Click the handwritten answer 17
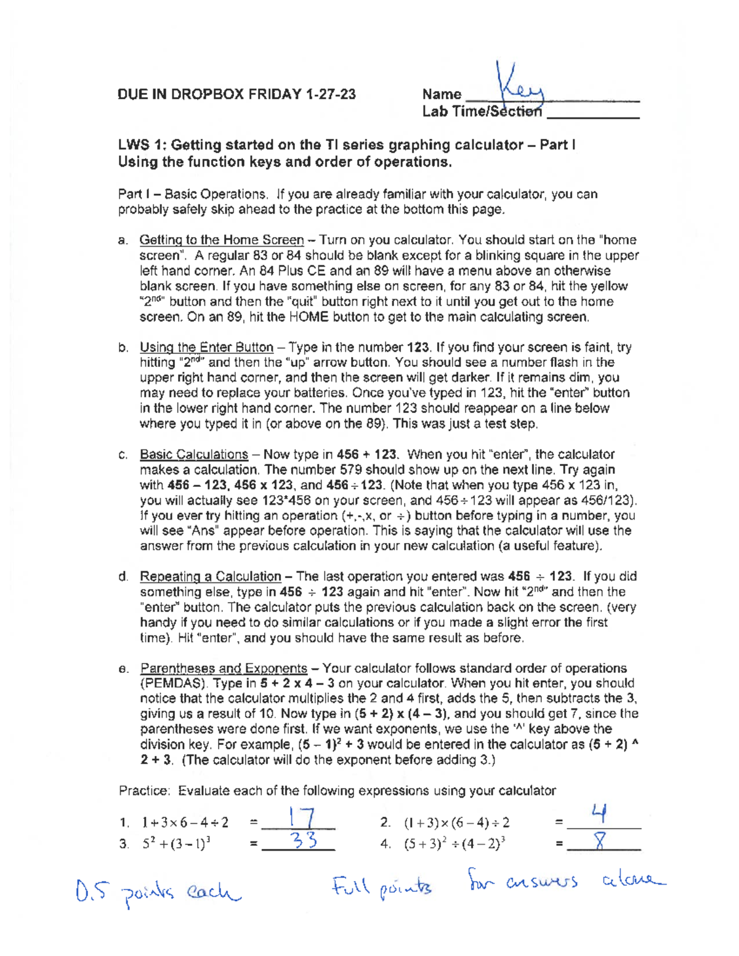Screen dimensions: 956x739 click(x=302, y=819)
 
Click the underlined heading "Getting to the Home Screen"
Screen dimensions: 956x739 click(x=222, y=240)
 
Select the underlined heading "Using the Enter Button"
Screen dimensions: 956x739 click(x=206, y=347)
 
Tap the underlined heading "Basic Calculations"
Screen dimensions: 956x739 click(x=193, y=454)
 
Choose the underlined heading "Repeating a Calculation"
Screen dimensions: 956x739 click(x=210, y=577)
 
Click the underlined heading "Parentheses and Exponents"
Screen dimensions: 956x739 click(x=224, y=669)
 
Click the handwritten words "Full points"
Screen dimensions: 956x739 click(x=382, y=887)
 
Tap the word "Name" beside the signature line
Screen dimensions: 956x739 click(x=442, y=94)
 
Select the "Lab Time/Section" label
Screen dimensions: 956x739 click(x=482, y=111)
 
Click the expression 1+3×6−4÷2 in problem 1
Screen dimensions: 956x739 click(x=185, y=822)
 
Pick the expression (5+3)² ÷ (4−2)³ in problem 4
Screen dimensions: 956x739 click(x=454, y=844)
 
